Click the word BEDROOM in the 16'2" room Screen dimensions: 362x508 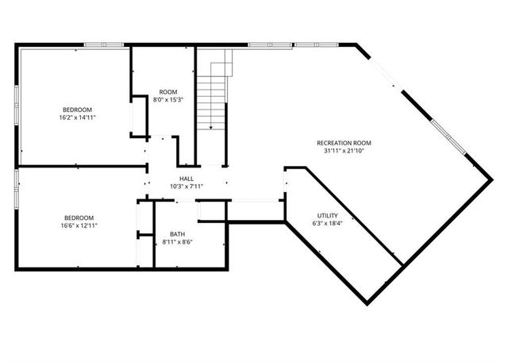tap(78, 109)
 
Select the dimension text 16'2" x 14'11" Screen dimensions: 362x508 tap(78, 117)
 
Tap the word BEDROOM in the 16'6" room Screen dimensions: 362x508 tap(79, 218)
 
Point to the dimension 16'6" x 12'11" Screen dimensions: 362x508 tap(79, 225)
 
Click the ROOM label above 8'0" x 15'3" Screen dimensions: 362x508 tap(168, 92)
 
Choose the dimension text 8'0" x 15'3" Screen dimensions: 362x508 tap(168, 100)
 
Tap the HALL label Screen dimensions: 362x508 tap(187, 179)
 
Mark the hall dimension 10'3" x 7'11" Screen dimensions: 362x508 tap(187, 187)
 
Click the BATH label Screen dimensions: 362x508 tap(178, 233)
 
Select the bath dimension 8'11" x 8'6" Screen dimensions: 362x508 tap(178, 241)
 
